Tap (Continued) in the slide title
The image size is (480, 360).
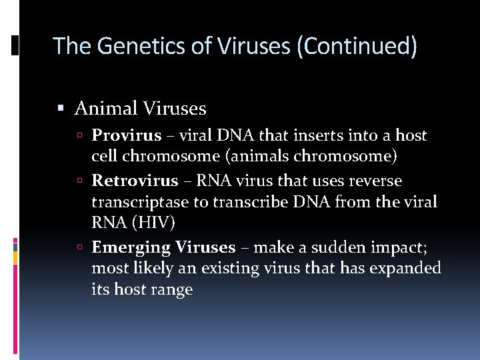360,46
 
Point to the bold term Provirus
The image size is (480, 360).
127,136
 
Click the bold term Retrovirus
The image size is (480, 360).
135,181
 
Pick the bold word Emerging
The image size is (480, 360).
131,247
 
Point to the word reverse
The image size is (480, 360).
378,181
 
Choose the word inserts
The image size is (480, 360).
313,136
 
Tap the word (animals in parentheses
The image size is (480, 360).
251,157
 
